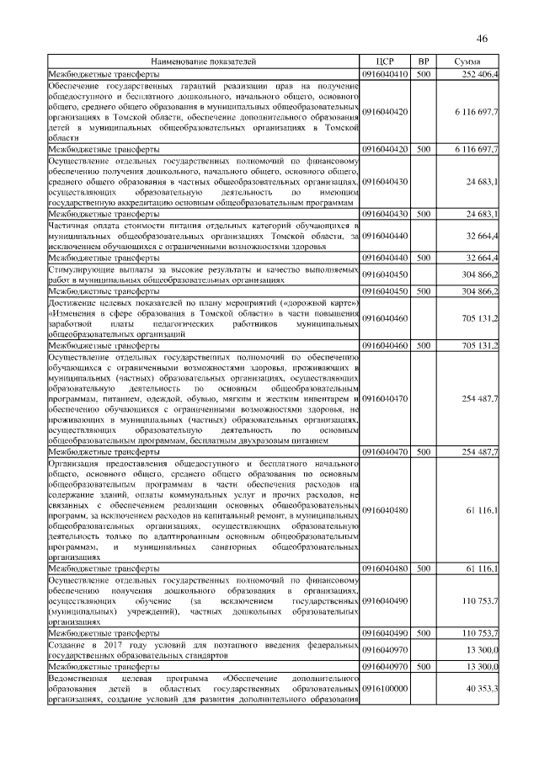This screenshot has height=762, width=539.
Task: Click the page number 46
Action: pos(483,39)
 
